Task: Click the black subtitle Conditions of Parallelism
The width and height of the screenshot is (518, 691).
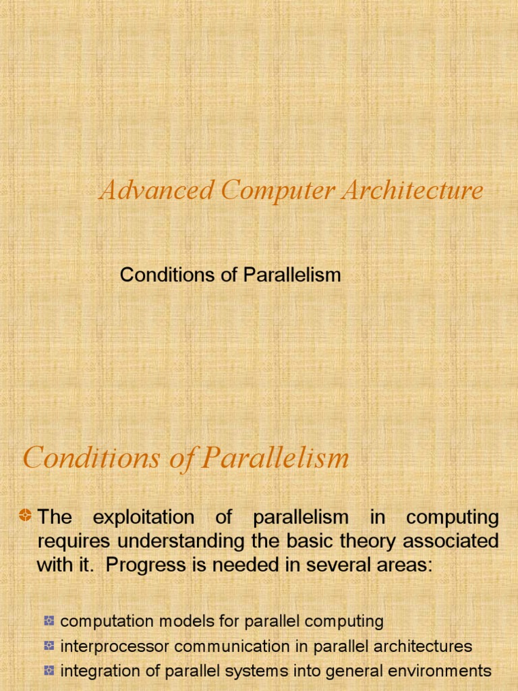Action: point(230,275)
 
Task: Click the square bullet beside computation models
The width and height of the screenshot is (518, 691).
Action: point(49,621)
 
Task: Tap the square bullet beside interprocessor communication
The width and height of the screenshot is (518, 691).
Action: point(49,646)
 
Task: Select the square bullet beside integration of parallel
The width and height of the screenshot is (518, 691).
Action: point(49,671)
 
